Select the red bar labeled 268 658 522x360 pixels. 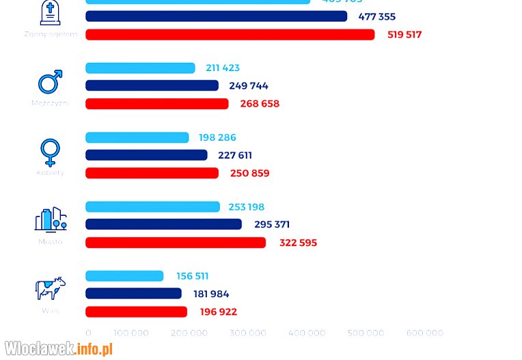coord(156,104)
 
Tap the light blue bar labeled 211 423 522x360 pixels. coord(140,68)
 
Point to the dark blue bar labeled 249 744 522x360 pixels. coord(152,86)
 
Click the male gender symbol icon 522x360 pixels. coord(50,82)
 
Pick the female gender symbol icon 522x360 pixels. coord(50,152)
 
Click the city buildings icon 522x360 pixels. coord(51,219)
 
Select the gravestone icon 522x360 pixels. coord(50,13)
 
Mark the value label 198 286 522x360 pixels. coord(217,138)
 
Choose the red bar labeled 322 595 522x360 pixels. coord(175,243)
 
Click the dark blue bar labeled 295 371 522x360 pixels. coord(163,225)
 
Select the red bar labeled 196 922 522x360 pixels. coord(136,312)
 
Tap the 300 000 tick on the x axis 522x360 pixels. coord(248,333)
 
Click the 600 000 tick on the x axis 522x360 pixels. coord(425,333)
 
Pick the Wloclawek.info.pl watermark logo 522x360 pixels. coord(58,349)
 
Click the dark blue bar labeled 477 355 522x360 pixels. coord(216,16)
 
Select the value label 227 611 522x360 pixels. coord(235,156)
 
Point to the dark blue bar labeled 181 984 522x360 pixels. coord(133,294)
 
